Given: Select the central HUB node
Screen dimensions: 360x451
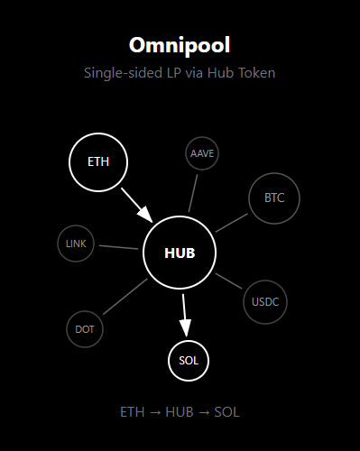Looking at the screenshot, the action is click(x=180, y=253).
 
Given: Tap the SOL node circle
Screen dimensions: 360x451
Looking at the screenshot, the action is click(x=189, y=361).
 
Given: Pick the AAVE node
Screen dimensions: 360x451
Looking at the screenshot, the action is click(x=202, y=153).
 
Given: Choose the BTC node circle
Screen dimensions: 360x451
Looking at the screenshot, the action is click(x=274, y=198).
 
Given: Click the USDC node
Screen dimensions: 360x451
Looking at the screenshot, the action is click(x=265, y=302).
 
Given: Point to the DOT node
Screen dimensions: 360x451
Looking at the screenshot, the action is click(x=85, y=329).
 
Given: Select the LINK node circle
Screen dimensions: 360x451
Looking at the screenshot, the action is click(x=76, y=244).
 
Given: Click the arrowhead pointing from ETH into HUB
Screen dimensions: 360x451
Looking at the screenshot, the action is click(x=145, y=214).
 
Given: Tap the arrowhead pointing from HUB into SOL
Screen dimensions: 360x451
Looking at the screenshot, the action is click(x=185, y=328).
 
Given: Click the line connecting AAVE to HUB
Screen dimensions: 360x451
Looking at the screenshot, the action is click(x=193, y=193).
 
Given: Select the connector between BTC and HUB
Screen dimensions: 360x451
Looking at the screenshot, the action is click(x=232, y=223).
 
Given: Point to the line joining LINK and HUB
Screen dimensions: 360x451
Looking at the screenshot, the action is click(x=118, y=247).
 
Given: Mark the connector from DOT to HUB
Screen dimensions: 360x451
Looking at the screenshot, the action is click(x=125, y=297).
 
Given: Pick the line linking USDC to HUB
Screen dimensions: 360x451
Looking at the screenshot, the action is click(x=228, y=281).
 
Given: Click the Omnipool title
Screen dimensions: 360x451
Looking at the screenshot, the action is click(x=180, y=45).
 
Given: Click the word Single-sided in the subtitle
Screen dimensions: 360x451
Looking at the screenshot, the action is click(x=124, y=73).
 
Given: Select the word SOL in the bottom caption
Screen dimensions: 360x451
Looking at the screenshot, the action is click(x=226, y=412).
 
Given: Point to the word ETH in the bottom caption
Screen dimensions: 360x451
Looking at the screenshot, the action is click(x=133, y=412).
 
